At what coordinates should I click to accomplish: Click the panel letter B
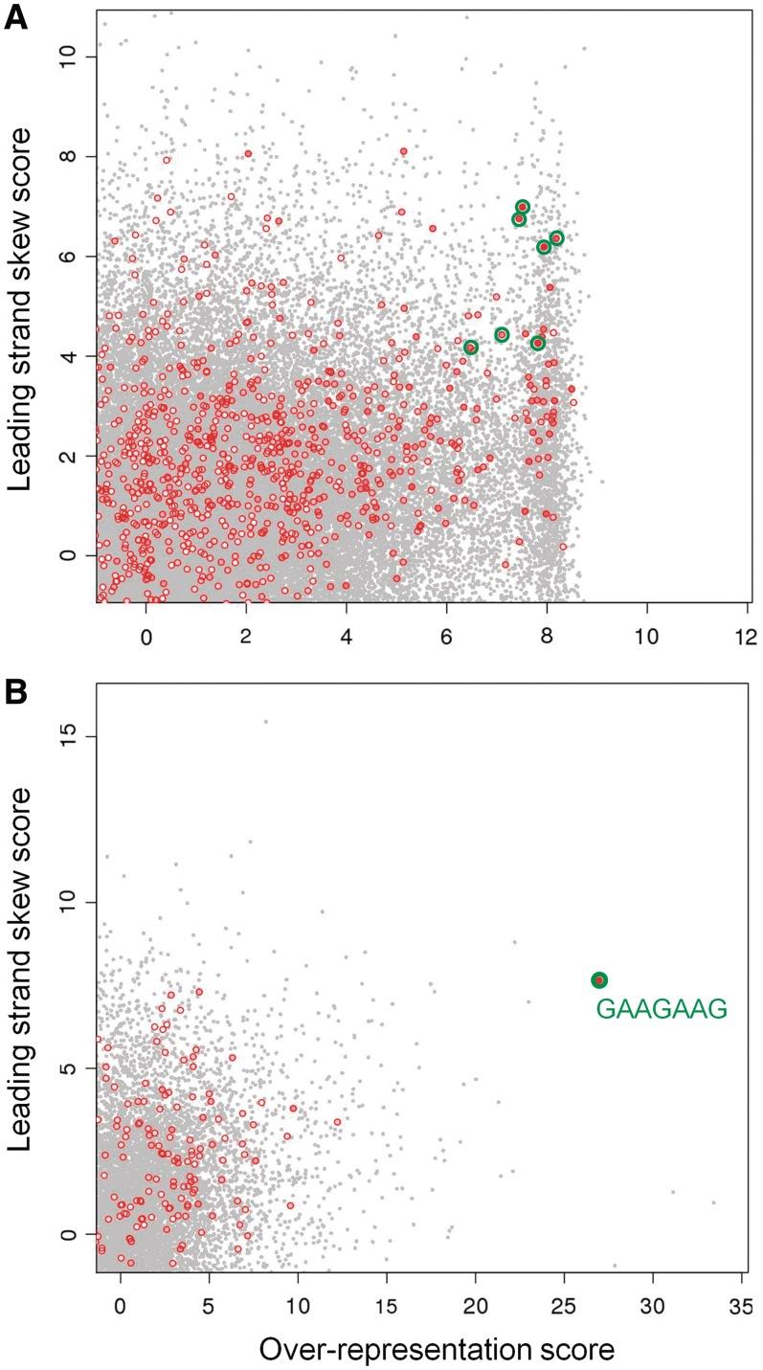click(16, 665)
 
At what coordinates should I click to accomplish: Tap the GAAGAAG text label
click(662, 1008)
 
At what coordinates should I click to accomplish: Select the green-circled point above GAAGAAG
click(599, 979)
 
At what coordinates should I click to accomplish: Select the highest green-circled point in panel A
click(523, 207)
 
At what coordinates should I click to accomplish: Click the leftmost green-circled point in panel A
click(470, 347)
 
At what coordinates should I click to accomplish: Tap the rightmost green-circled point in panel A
click(556, 237)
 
